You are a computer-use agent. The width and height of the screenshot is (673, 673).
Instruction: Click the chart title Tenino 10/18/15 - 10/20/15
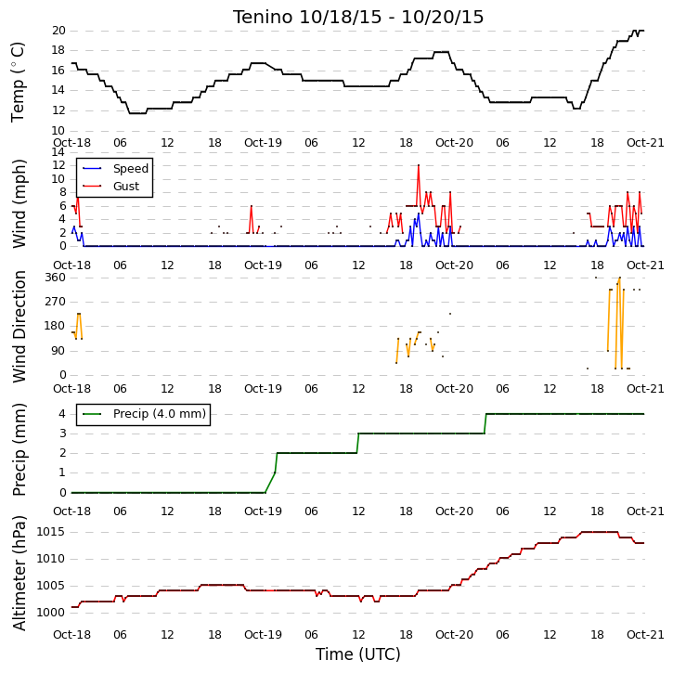click(x=358, y=17)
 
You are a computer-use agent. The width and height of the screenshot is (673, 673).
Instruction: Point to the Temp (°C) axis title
click(x=18, y=82)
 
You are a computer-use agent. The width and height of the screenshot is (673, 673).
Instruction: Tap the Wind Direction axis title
click(x=19, y=326)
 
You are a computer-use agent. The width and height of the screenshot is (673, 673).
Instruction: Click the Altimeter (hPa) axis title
click(x=19, y=573)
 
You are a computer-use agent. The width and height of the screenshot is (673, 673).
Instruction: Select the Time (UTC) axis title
click(x=358, y=654)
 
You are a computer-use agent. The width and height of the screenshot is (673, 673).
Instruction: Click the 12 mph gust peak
click(x=419, y=165)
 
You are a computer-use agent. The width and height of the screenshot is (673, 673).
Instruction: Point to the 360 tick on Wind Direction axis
click(x=56, y=278)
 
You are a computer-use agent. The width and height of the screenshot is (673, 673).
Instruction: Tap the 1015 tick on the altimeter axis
click(x=51, y=532)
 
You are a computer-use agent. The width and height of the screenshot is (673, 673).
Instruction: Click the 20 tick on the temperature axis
click(x=58, y=31)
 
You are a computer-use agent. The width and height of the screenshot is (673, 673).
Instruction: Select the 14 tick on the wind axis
click(x=58, y=152)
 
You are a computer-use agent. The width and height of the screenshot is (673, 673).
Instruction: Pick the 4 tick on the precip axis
click(x=63, y=414)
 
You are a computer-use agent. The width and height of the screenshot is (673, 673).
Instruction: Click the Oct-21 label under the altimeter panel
click(x=645, y=634)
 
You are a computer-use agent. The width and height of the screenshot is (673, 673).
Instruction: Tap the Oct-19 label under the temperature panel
click(x=263, y=143)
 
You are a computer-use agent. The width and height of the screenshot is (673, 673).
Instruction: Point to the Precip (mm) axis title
click(x=19, y=450)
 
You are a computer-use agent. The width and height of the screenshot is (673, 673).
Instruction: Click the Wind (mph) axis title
click(x=19, y=204)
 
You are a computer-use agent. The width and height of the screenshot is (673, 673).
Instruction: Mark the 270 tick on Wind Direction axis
click(x=56, y=302)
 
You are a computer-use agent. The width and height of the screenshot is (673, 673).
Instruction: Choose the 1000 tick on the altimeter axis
click(x=51, y=613)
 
